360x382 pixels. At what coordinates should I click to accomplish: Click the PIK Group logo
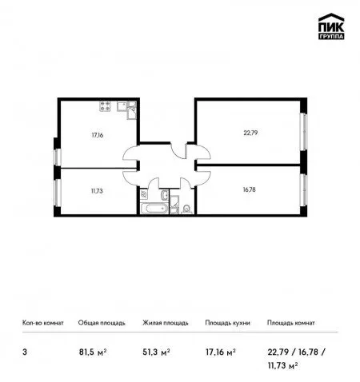click(x=331, y=26)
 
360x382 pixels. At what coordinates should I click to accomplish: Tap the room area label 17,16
click(x=98, y=135)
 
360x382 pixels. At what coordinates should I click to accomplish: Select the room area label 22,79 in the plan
click(x=250, y=133)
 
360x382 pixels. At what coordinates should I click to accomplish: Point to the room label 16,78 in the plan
click(x=249, y=189)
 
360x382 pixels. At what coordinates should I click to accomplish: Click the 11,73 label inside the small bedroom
click(x=97, y=191)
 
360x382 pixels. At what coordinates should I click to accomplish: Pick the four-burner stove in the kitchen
click(x=105, y=106)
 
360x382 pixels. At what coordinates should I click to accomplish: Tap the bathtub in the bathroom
click(x=154, y=209)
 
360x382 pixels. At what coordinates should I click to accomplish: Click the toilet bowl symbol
click(x=186, y=209)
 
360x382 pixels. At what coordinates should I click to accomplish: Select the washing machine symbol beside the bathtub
click(x=144, y=193)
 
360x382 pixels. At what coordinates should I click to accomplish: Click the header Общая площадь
click(x=102, y=323)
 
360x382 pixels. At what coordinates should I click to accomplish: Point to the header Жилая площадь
click(x=166, y=323)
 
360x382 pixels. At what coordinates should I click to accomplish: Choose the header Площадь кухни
click(x=227, y=323)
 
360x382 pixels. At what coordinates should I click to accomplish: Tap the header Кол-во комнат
click(x=43, y=323)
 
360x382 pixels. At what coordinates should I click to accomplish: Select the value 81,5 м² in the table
click(x=93, y=352)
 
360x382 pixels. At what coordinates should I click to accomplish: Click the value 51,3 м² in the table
click(x=156, y=352)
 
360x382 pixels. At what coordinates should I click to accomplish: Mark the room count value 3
click(x=25, y=352)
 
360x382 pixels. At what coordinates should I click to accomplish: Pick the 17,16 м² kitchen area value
click(x=220, y=352)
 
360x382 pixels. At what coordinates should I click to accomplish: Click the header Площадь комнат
click(x=291, y=323)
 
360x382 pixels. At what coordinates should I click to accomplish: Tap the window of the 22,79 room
click(x=303, y=132)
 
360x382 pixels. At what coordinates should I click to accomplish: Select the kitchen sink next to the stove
click(x=122, y=106)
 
